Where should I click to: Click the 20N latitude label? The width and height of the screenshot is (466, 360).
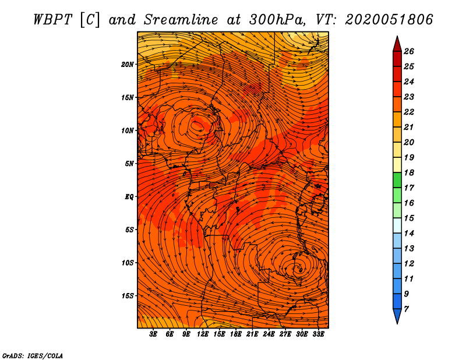pos(128,65)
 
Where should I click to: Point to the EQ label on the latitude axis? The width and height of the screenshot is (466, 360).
pos(129,197)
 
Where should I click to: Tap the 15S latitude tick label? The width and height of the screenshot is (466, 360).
pos(128,296)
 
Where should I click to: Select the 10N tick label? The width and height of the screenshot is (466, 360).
pos(128,130)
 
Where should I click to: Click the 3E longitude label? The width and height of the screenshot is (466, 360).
pos(153,334)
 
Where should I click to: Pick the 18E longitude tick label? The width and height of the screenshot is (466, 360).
pos(235,334)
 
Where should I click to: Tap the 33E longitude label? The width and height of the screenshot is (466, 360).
pos(318,334)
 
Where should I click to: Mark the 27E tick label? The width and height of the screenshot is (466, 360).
pos(285,334)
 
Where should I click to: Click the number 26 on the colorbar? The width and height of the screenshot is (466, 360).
pos(409,51)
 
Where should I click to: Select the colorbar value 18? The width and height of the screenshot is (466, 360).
pos(409,172)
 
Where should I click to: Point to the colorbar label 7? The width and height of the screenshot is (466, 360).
pos(406,309)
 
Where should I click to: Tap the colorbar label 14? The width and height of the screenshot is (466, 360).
pos(409,234)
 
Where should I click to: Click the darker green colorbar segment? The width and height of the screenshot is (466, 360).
pos(397,180)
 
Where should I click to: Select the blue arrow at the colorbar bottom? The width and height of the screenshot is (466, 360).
pos(397,316)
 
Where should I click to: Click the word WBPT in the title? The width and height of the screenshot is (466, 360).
pos(52,20)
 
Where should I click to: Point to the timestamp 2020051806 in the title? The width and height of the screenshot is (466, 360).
pos(389,20)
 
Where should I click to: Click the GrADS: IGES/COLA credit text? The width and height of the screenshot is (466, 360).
pos(33,356)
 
